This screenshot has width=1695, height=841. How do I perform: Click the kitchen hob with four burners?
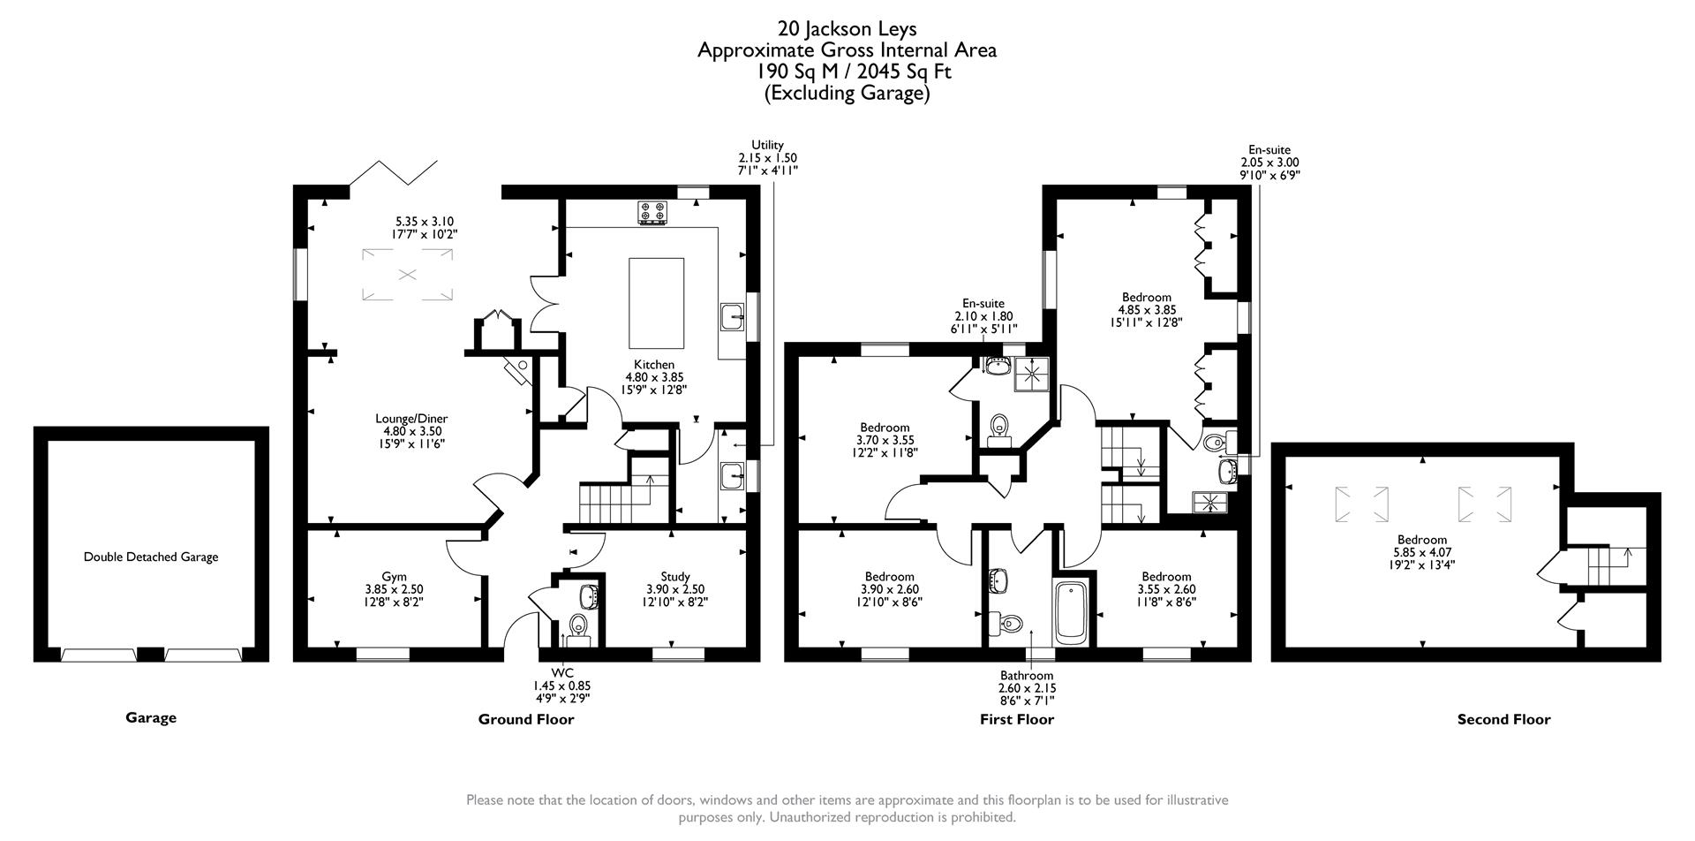coord(652,213)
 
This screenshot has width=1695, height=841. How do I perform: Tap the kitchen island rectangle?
coord(656,303)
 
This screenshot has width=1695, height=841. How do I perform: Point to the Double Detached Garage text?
coord(151,557)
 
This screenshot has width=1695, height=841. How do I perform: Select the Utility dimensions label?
coord(767,158)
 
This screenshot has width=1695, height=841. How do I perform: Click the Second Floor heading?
coord(1503,719)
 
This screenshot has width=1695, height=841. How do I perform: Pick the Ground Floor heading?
coord(526,719)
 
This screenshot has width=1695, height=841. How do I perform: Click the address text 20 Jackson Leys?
coord(847,29)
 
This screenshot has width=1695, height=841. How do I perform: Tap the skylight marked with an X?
coord(407,275)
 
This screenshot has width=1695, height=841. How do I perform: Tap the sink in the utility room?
coord(731,476)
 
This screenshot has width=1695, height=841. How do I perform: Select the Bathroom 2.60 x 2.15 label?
coord(1027,688)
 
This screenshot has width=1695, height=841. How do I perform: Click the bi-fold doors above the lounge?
coord(394,172)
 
